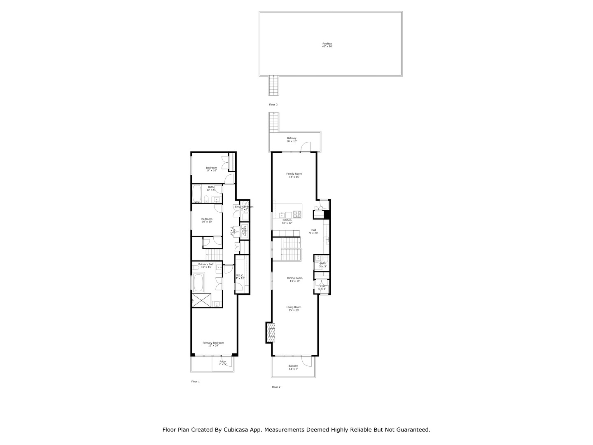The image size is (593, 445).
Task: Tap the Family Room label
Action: (294, 175)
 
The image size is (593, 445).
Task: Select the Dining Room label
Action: (295, 279)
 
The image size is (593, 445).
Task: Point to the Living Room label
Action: (294, 308)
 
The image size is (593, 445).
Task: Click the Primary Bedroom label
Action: (213, 344)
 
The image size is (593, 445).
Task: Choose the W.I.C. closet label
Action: (240, 277)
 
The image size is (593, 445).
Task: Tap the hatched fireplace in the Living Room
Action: (270, 333)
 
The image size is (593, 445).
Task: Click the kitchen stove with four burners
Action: (297, 214)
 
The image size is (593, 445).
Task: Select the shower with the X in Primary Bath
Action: (202, 300)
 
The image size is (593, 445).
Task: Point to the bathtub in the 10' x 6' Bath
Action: (196, 194)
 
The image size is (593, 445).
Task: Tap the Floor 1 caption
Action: (195, 382)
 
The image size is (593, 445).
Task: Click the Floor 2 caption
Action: (276, 387)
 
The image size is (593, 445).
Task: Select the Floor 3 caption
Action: (273, 105)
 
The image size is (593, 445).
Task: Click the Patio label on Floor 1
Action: (222, 363)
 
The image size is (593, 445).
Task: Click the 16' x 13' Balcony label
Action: (292, 140)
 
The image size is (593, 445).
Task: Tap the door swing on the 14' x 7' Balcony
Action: (306, 361)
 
